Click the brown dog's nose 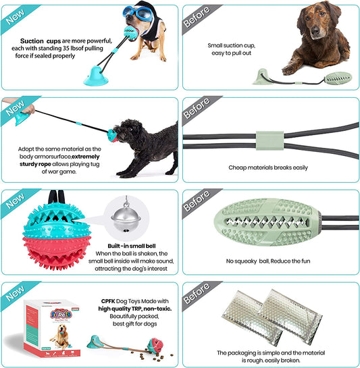(315, 30)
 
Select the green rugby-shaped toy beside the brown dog (338, 78)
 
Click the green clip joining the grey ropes (269, 140)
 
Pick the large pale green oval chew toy (267, 221)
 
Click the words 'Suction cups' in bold (41, 41)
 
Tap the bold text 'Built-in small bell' (132, 246)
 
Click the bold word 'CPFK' (108, 301)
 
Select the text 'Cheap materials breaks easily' (268, 167)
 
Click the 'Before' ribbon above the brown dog (197, 17)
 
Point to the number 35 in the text (66, 49)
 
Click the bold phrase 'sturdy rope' (35, 164)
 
